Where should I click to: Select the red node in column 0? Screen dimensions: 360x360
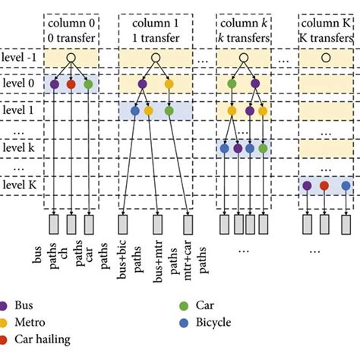click(x=71, y=84)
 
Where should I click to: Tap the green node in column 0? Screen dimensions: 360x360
click(x=88, y=84)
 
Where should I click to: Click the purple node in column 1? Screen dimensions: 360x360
click(x=142, y=84)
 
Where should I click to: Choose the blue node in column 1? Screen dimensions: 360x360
click(x=135, y=111)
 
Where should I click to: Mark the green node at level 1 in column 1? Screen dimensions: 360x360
click(x=169, y=111)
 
